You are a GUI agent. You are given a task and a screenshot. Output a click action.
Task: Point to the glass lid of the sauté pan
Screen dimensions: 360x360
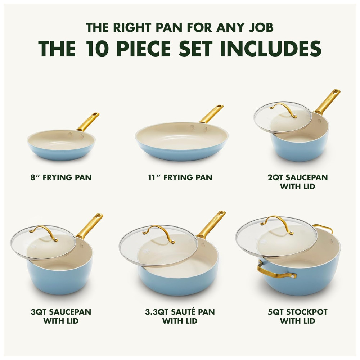click(x=158, y=246)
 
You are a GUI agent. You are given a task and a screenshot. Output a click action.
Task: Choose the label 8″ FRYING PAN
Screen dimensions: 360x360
click(x=61, y=177)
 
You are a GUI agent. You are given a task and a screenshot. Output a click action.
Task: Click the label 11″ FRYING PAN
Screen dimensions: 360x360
click(x=180, y=177)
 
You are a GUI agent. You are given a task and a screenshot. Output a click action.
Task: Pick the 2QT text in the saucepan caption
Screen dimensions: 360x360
click(x=276, y=177)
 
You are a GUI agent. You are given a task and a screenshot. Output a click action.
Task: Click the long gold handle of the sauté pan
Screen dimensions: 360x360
click(x=211, y=224)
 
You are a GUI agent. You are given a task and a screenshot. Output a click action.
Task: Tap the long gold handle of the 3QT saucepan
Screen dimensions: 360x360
click(x=90, y=226)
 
